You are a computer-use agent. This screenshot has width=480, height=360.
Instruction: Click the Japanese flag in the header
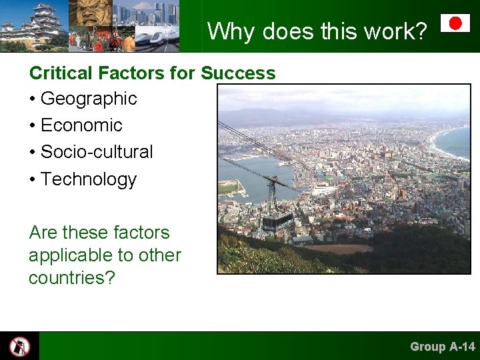[455, 23]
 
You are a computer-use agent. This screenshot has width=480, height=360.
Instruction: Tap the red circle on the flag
[455, 23]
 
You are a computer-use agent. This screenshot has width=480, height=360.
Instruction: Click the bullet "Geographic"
[88, 99]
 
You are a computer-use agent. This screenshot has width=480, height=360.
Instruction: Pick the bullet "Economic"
[81, 125]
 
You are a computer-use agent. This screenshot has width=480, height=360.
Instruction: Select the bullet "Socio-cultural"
[96, 152]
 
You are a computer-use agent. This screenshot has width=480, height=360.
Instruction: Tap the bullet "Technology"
[88, 179]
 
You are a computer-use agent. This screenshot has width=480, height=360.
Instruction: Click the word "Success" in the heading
[238, 73]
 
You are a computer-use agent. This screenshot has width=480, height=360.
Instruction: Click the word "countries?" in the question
[72, 278]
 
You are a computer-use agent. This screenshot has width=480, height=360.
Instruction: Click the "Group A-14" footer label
[442, 347]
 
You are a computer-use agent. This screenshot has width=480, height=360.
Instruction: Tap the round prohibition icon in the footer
[19, 346]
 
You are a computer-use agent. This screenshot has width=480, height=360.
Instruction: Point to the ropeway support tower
[272, 190]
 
